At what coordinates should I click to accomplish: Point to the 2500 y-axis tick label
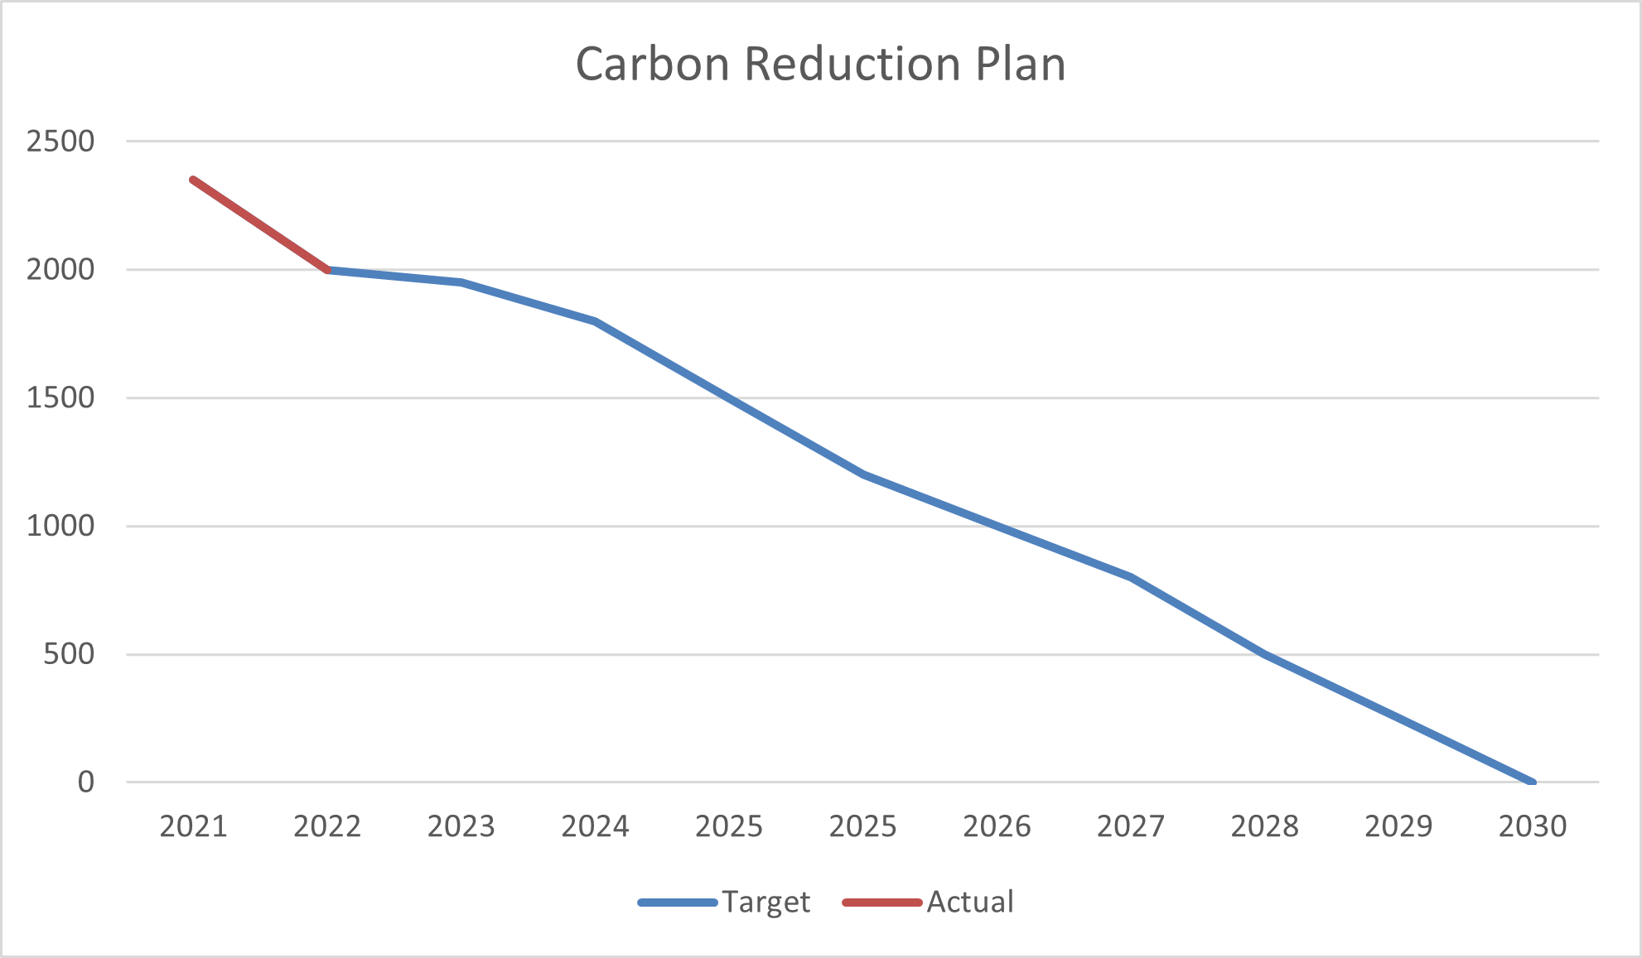60,142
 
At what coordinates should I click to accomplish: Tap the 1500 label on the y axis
60,398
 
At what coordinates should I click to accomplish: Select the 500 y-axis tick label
69,654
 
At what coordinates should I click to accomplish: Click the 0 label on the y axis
86,782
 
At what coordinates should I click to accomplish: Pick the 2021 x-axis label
193,826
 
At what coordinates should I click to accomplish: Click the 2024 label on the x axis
595,826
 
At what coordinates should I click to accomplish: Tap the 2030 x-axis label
1532,826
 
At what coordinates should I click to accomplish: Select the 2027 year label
1130,826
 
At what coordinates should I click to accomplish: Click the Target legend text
765,902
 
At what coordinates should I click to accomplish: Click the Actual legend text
969,902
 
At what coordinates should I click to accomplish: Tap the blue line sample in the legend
678,903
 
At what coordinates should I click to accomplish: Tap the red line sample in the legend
882,903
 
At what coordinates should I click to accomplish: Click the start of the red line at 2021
193,180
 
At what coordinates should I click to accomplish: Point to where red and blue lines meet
328,270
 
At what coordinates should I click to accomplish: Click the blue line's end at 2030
1532,782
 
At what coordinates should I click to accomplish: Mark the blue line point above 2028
1264,654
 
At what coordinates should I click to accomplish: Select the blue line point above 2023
461,282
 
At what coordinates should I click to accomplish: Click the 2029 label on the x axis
1398,826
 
